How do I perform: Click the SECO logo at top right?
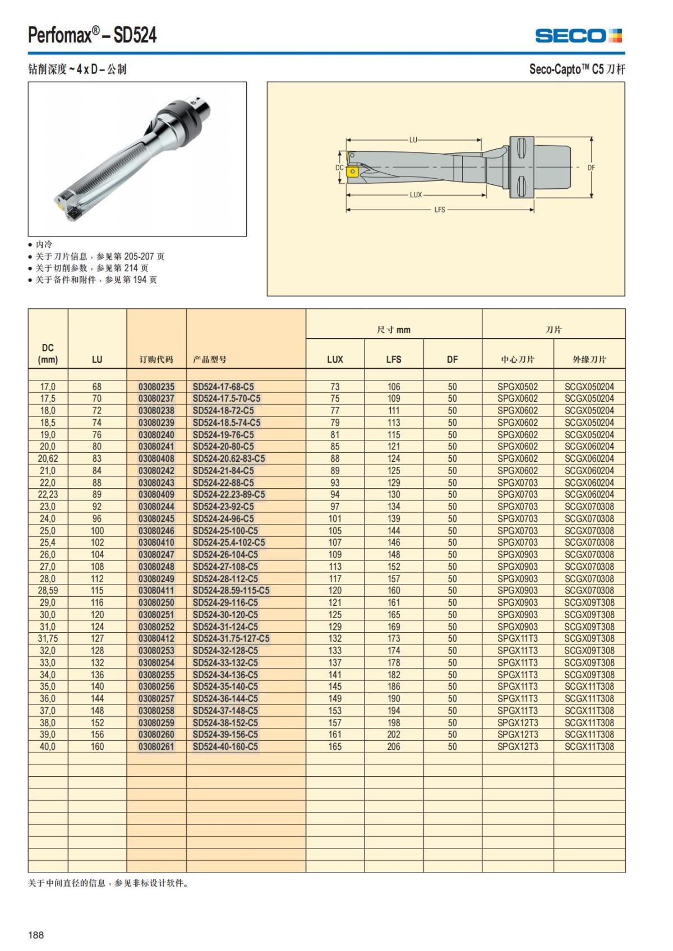[x=578, y=36]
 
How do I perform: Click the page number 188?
[x=36, y=935]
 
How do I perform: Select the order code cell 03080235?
[x=156, y=387]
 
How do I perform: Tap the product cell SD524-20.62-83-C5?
[x=229, y=458]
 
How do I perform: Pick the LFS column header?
[x=394, y=359]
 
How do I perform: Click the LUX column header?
[x=335, y=359]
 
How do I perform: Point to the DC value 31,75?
[x=48, y=638]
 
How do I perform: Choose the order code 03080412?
[x=156, y=638]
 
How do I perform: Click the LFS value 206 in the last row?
[x=394, y=746]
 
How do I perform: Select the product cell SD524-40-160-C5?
[x=225, y=746]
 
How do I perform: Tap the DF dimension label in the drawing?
[x=591, y=168]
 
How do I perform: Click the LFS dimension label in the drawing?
[x=440, y=210]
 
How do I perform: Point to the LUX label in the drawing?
[x=416, y=195]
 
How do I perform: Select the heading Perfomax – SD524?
[x=93, y=36]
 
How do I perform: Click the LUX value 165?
[x=335, y=746]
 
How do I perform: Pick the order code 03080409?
[x=156, y=494]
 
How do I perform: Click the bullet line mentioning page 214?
[x=92, y=268]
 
